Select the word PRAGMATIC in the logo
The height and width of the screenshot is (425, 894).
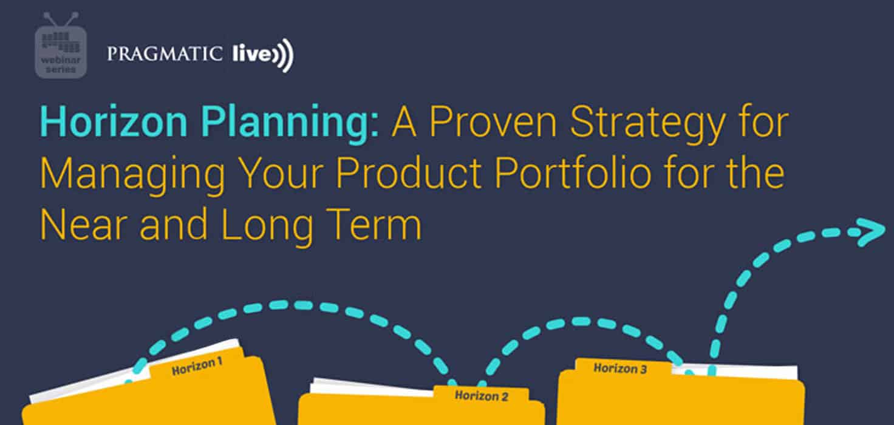(165, 54)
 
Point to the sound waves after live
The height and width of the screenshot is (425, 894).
(284, 55)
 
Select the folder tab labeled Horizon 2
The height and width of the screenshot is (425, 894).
(481, 396)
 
